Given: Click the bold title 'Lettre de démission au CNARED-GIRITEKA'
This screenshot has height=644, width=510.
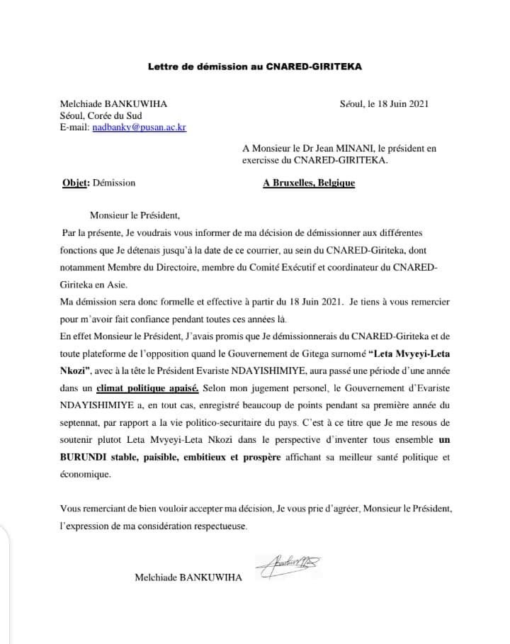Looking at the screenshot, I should [255, 67].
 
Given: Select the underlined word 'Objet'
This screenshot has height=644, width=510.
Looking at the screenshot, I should [75, 182].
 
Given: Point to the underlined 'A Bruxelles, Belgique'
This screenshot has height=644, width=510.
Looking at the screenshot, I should [309, 182].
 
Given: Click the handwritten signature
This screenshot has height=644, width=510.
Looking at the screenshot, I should [292, 565].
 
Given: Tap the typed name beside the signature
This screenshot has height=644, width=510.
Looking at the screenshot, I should [188, 577].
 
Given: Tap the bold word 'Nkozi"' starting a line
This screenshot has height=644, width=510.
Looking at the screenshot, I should [75, 371].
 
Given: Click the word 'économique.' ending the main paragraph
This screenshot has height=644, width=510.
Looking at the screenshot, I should [86, 475].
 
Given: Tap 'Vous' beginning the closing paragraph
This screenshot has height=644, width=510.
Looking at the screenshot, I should [71, 509].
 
